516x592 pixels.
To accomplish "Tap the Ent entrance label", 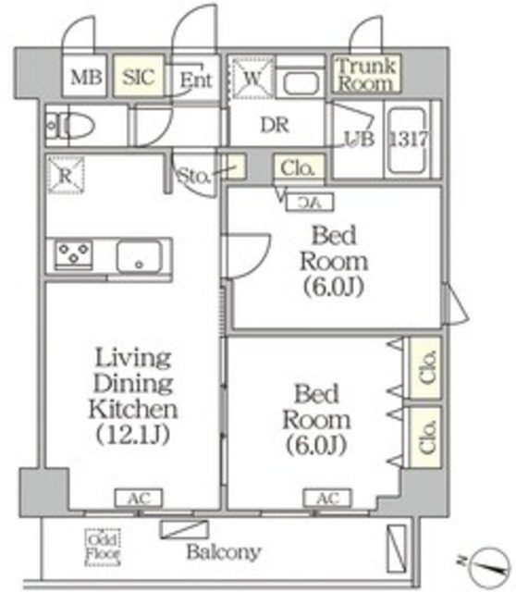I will coord(196,80).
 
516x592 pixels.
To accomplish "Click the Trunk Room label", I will coord(365,74).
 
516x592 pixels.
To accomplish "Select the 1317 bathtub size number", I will coord(406,139).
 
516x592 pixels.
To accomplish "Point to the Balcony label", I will coord(222,553).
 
